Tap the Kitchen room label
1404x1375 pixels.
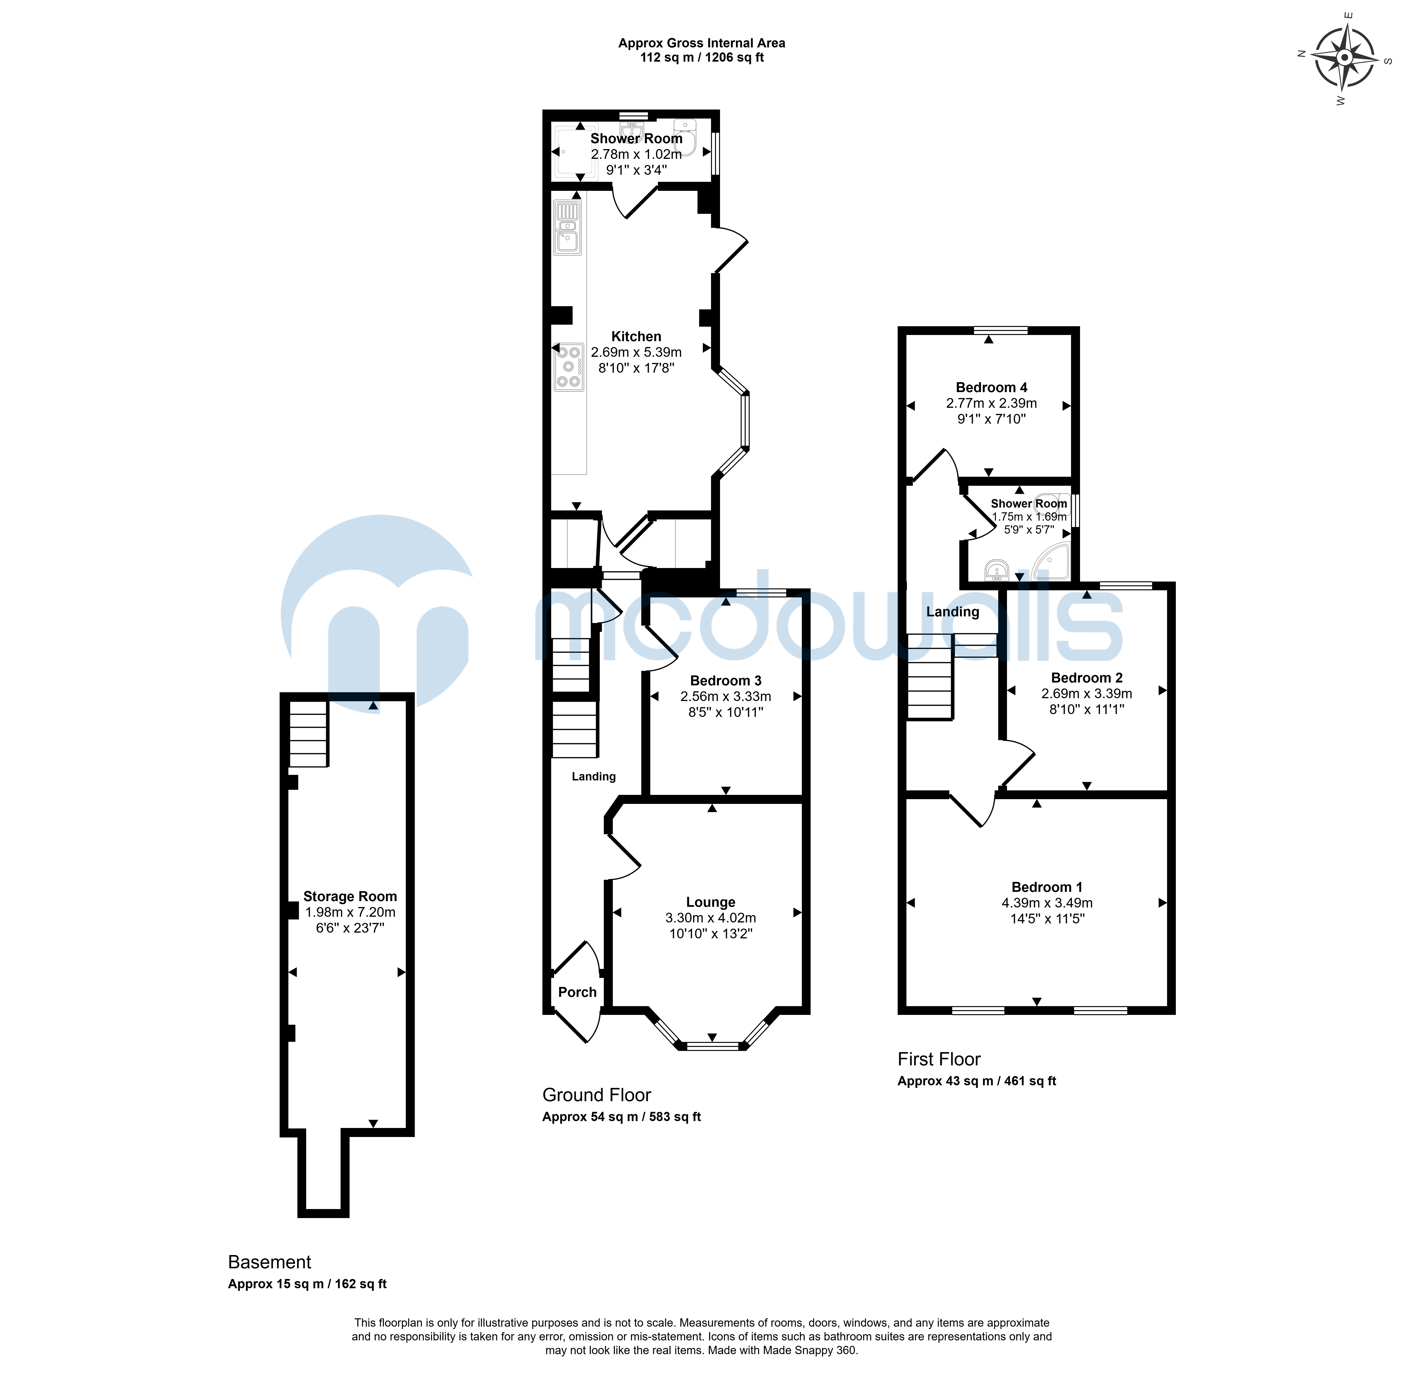click(636, 337)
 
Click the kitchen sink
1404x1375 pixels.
click(567, 228)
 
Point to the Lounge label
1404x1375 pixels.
click(710, 902)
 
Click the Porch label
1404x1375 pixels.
click(577, 992)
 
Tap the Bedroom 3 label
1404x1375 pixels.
click(725, 680)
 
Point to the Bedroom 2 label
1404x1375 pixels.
click(1087, 677)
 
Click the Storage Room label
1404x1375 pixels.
click(350, 896)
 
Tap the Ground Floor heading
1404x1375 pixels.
click(597, 1095)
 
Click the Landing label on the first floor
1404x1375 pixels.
click(952, 612)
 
